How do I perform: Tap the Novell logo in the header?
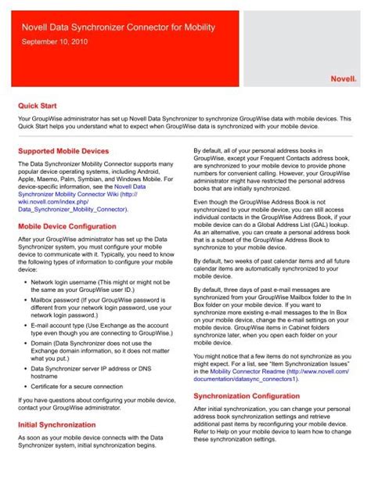[341, 78]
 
